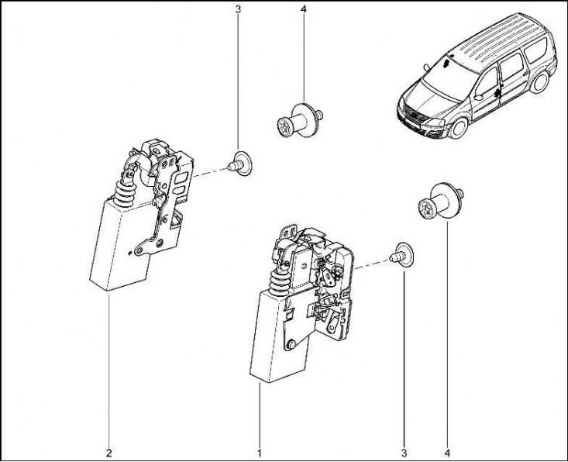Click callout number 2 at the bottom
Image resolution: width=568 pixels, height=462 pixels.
108,453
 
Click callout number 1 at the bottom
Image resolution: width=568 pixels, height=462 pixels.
260,453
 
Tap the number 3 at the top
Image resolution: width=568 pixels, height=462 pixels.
238,9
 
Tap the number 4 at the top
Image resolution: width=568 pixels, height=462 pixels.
304,9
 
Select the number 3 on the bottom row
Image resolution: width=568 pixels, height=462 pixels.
404,453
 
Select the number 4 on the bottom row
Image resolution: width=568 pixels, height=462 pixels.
448,453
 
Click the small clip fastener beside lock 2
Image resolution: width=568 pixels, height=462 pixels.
239,164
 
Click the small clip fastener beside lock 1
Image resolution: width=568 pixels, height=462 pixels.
401,255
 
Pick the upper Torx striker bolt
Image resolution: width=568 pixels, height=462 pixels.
300,120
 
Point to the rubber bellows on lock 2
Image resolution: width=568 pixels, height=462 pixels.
124,194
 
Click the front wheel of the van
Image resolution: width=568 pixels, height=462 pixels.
458,128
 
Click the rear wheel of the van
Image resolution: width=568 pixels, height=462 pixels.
539,82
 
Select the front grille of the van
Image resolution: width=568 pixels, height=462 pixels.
417,117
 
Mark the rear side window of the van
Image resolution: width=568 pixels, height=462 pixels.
535,50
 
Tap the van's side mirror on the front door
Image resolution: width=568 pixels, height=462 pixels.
479,97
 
